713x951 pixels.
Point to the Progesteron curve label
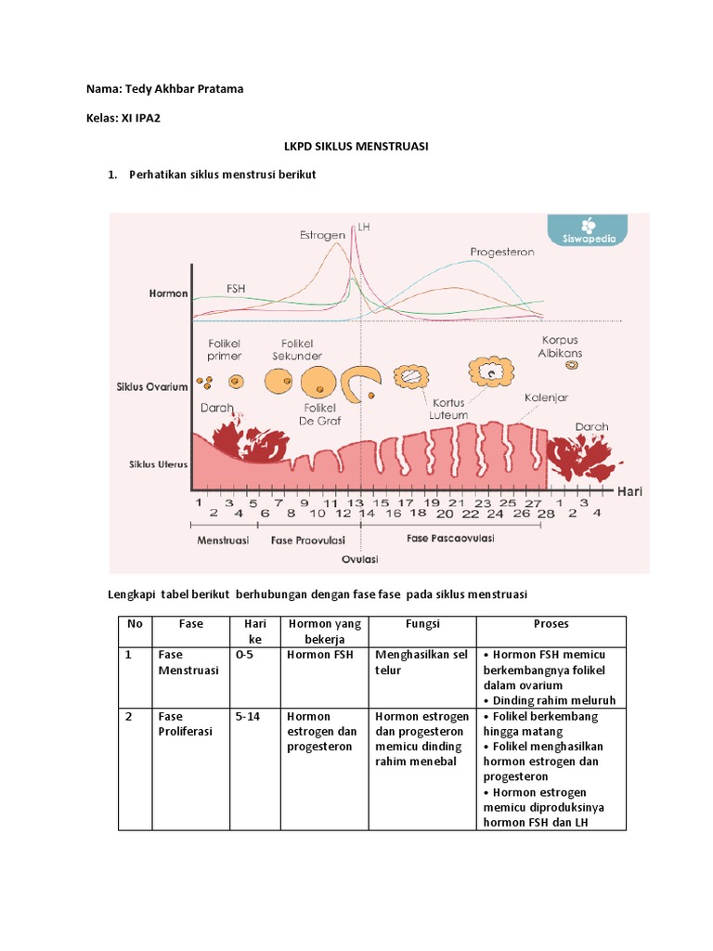[x=501, y=252]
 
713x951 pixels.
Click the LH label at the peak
[x=364, y=226]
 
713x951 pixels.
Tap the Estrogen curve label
[x=322, y=235]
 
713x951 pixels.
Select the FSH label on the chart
[x=237, y=287]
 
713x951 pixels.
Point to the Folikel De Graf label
[x=322, y=413]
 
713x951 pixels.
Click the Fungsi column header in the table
[x=422, y=624]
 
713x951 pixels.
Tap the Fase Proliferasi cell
[x=186, y=723]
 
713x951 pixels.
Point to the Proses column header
[x=551, y=624]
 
